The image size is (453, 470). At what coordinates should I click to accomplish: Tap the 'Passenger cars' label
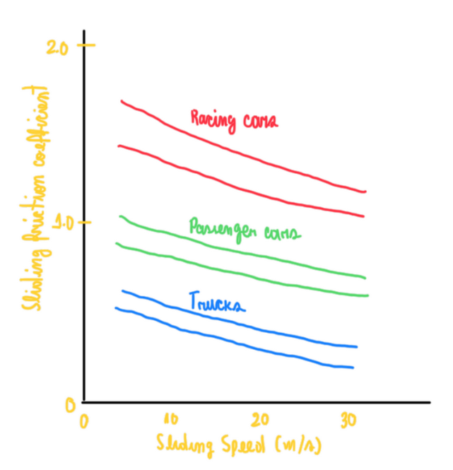pyautogui.click(x=245, y=231)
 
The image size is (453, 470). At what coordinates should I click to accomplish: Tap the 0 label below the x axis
pyautogui.click(x=83, y=422)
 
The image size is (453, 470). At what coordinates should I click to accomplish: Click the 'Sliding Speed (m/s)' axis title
pyautogui.click(x=240, y=444)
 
